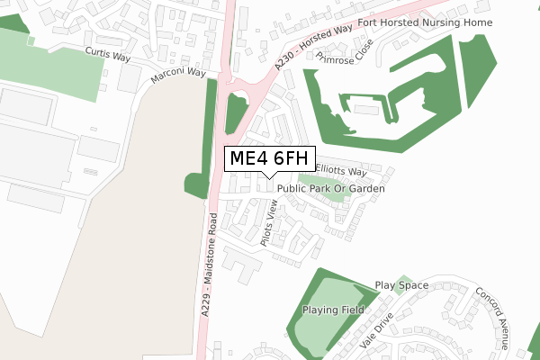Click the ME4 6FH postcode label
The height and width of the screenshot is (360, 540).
coord(269,159)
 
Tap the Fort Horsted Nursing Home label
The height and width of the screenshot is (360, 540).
coord(425,22)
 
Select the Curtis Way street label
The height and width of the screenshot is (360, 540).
coord(108,56)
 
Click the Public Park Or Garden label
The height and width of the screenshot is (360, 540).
coord(331,189)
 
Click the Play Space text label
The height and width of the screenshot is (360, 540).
coord(401,285)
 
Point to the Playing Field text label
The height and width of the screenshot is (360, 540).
coord(332,310)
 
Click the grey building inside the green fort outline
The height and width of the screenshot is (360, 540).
coord(365,109)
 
